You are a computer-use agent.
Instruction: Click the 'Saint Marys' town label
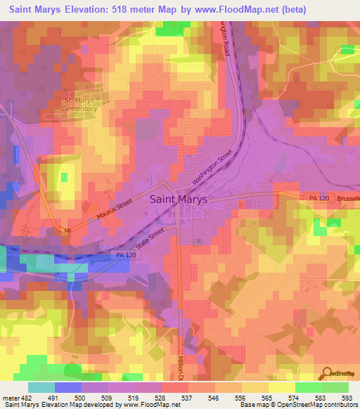(179, 199)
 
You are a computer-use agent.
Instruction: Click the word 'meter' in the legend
(10, 396)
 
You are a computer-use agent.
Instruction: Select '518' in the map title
(131, 9)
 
